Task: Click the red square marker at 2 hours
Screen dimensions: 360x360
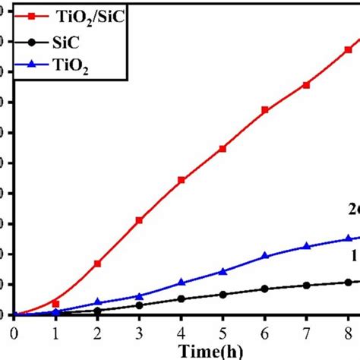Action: coord(97,263)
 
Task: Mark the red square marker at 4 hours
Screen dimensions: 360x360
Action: coord(181,180)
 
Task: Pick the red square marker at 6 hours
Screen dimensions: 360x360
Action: coord(264,110)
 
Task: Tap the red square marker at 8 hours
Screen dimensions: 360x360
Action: coord(348,49)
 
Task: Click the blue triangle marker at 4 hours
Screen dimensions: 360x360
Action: coord(181,283)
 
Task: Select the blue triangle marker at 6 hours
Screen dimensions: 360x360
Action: coord(264,256)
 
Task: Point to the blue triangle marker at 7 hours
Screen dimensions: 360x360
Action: coord(306,246)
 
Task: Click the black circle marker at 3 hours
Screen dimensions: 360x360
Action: coord(139,305)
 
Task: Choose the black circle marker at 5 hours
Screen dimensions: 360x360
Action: coord(223,294)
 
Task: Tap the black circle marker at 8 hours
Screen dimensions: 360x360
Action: coord(348,282)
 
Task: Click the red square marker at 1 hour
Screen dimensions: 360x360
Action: coord(55,303)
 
